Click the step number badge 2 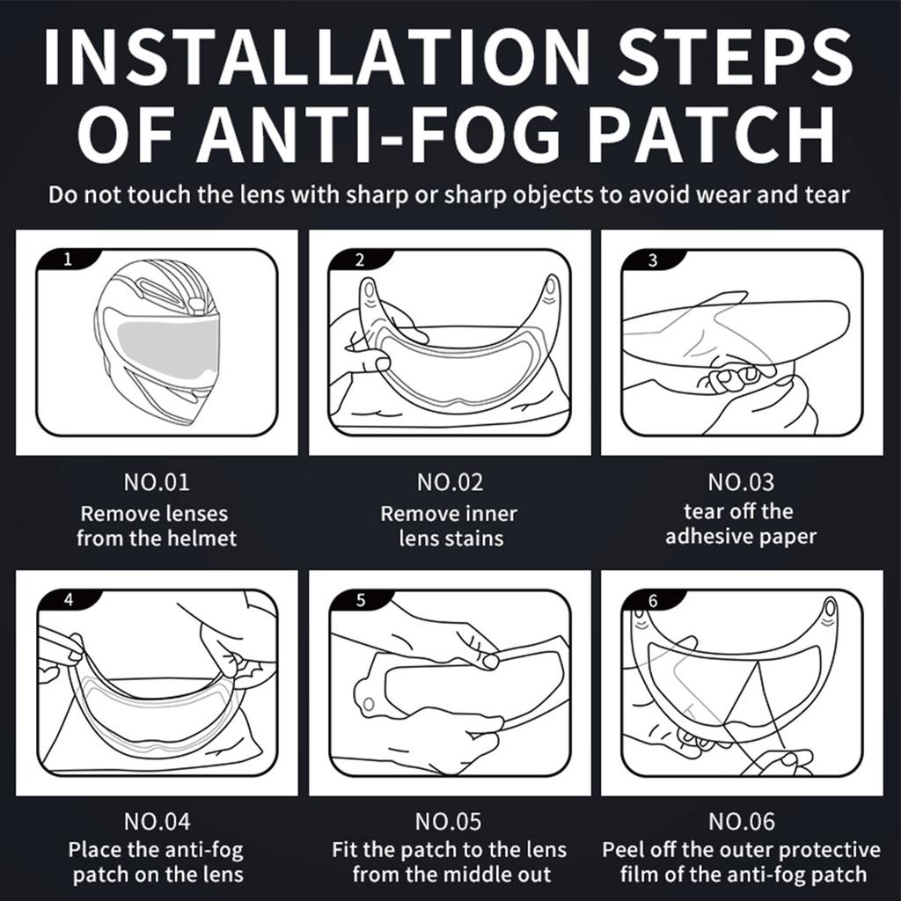click(359, 260)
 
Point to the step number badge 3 click(652, 260)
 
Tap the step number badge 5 click(359, 600)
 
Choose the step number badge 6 click(652, 600)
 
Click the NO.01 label click(157, 482)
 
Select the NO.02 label click(450, 482)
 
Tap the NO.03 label click(742, 482)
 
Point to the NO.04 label click(157, 822)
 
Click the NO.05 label click(450, 822)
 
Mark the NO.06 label click(742, 822)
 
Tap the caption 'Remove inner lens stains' click(450, 525)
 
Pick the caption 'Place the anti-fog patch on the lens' click(157, 863)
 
